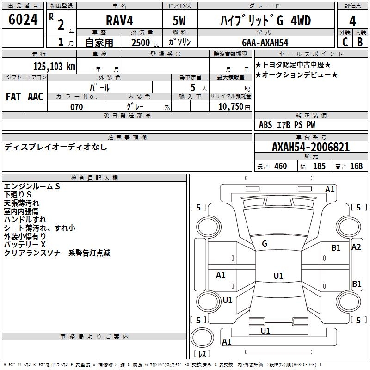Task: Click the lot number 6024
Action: pos(23,20)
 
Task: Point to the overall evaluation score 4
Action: pos(352,21)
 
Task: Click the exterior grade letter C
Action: pos(345,42)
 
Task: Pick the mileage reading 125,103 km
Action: pos(54,66)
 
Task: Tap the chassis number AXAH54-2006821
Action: pos(311,147)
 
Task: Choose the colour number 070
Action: pos(76,107)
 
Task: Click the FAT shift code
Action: pos(13,97)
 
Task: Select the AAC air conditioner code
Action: pos(36,97)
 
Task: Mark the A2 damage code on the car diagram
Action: pos(356,247)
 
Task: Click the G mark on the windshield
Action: pos(265,243)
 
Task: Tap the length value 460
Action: pos(280,166)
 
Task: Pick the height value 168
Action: pos(356,166)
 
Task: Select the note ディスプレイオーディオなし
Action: pos(55,147)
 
